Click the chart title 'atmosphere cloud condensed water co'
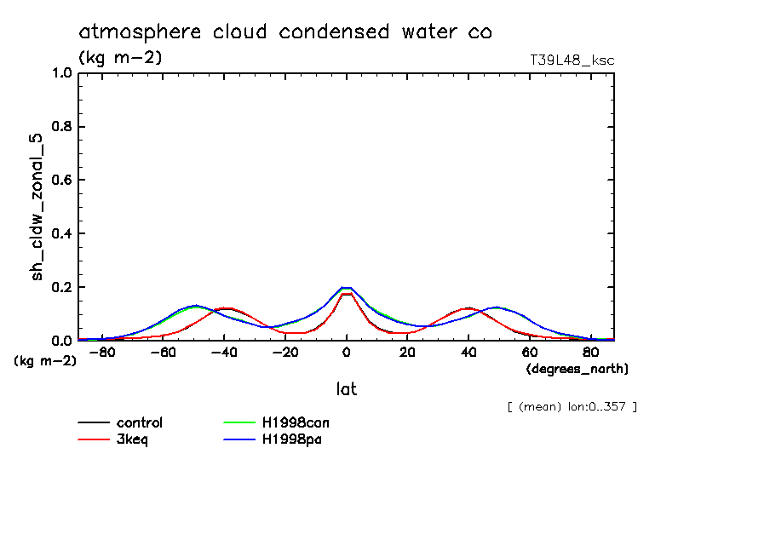pyautogui.click(x=285, y=32)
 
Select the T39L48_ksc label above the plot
pyautogui.click(x=572, y=60)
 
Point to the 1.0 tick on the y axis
pyautogui.click(x=62, y=73)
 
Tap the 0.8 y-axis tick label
pyautogui.click(x=62, y=127)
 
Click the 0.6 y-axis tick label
pyautogui.click(x=62, y=181)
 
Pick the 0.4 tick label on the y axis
pyautogui.click(x=62, y=234)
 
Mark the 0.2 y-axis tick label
pyautogui.click(x=62, y=287)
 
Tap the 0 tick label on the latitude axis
pyautogui.click(x=347, y=353)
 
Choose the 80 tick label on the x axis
pyautogui.click(x=589, y=353)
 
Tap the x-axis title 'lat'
pyautogui.click(x=346, y=389)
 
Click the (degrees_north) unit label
pyautogui.click(x=577, y=369)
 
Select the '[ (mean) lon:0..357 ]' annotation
pyautogui.click(x=572, y=406)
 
